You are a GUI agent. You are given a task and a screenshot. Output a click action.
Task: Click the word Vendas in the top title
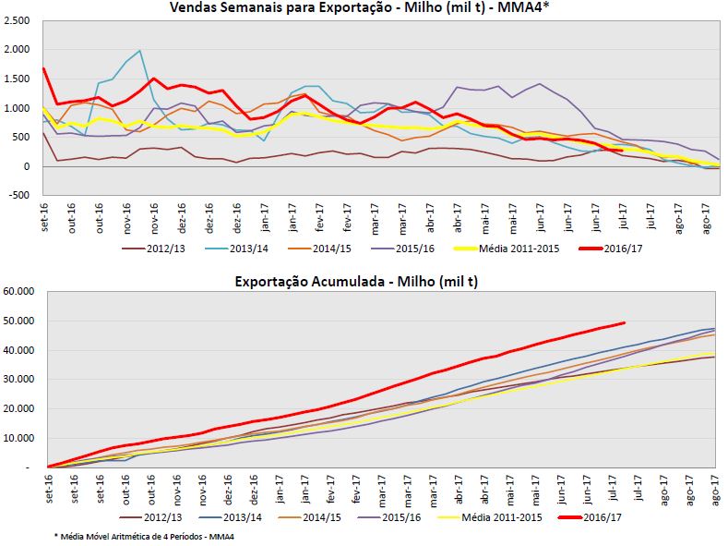tap(193, 8)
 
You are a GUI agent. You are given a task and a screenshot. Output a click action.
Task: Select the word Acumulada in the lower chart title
tap(344, 281)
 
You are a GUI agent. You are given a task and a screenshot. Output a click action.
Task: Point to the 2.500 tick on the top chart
tap(17, 21)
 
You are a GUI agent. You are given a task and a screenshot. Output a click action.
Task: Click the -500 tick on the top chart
tap(19, 196)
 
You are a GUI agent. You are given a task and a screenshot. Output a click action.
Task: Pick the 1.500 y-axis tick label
tap(17, 79)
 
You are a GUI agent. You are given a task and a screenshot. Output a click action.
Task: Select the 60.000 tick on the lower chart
tap(18, 291)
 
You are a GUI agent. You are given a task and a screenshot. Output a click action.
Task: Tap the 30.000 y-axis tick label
tap(18, 379)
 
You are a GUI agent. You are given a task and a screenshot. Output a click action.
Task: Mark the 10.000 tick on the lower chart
tap(18, 438)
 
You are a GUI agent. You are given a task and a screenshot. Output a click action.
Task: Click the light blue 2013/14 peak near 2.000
tap(139, 51)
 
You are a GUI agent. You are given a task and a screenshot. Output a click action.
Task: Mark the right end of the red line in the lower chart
tap(625, 322)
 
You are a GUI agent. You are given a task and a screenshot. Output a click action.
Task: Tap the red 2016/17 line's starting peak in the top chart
tap(44, 68)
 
